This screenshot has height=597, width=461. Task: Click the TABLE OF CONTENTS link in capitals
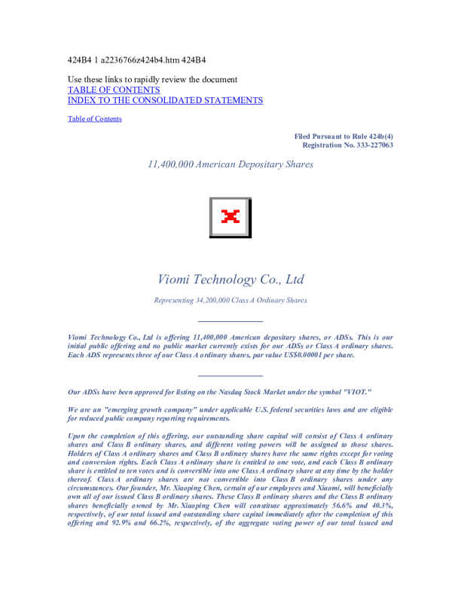pos(114,90)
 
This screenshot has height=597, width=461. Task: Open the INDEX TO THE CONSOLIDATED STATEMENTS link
pos(165,100)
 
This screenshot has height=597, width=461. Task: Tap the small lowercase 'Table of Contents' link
pos(94,118)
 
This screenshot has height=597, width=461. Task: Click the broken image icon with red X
pos(230,217)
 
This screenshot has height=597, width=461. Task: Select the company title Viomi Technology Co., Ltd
pos(230,280)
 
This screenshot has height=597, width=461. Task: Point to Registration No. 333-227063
pos(347,145)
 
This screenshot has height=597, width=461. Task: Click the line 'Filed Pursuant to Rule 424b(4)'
pos(343,136)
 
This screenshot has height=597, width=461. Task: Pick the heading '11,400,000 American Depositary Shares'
pos(230,164)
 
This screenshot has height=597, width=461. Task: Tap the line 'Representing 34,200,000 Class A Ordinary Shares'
pos(230,301)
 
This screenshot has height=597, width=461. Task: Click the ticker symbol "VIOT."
pos(355,392)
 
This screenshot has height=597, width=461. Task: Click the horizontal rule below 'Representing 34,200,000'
pos(230,322)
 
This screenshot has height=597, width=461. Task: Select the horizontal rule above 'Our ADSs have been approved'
pos(230,375)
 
